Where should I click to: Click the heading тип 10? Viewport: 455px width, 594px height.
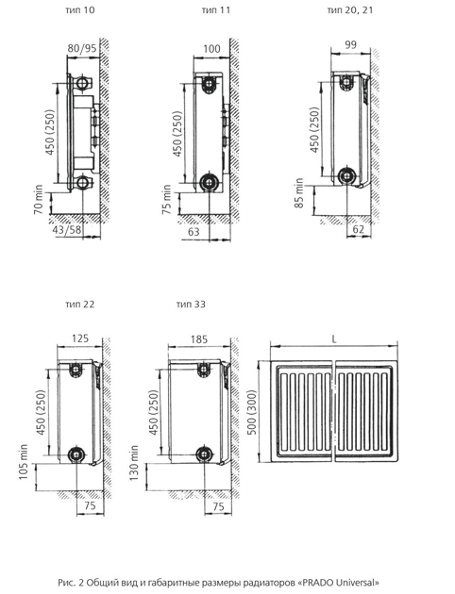point(79,9)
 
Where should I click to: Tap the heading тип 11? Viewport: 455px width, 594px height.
point(216,9)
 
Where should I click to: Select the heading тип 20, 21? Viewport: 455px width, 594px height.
point(350,9)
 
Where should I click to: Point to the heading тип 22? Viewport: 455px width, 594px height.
point(79,305)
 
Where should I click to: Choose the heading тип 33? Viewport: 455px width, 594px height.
point(191,305)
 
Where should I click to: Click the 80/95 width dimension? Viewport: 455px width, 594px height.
point(82,49)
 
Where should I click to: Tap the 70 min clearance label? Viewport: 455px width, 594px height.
point(39,200)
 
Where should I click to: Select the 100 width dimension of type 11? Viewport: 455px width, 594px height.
point(211,49)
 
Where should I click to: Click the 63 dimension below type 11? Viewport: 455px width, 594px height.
point(194,231)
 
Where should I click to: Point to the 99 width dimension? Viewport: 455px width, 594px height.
point(351,44)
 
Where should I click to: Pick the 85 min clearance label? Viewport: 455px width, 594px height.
point(299,193)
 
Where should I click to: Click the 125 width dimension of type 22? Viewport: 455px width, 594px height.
point(80,338)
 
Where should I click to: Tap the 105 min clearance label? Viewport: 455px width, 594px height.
point(24,462)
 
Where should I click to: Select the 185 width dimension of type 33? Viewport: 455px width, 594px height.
point(199,339)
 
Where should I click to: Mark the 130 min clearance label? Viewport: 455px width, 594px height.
point(134,463)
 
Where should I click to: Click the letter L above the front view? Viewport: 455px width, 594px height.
point(334,339)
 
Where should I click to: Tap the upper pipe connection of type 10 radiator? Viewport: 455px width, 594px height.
point(82,83)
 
